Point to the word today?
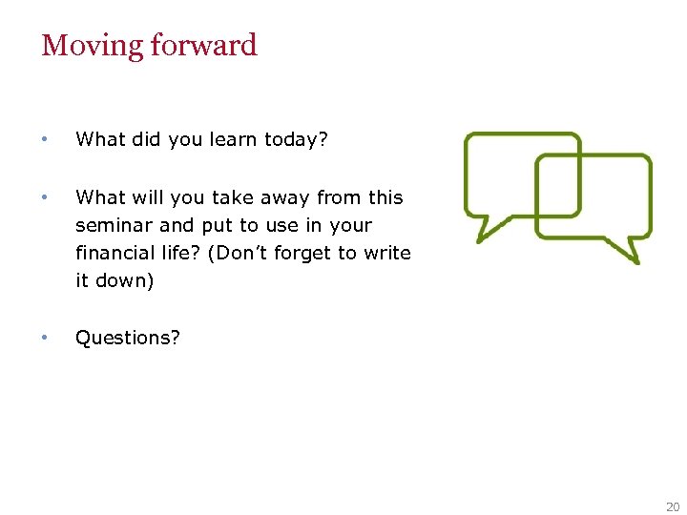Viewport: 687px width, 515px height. click(x=296, y=140)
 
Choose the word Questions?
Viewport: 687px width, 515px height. click(x=128, y=337)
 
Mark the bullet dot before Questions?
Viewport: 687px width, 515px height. click(x=45, y=338)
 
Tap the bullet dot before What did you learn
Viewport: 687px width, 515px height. click(x=45, y=140)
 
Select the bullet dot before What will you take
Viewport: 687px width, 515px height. click(x=45, y=198)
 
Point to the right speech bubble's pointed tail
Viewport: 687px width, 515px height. click(x=627, y=252)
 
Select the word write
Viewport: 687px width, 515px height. click(x=387, y=253)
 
